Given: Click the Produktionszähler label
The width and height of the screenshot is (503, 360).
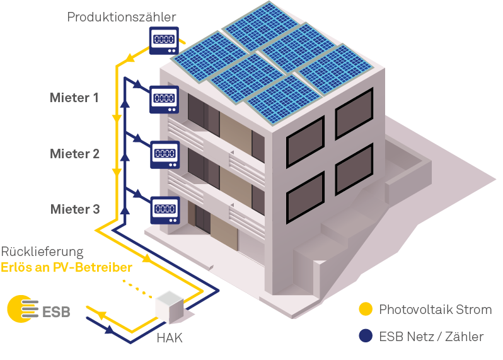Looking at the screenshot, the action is pyautogui.click(x=121, y=16).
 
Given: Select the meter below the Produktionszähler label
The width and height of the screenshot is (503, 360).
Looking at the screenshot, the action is pyautogui.click(x=164, y=40).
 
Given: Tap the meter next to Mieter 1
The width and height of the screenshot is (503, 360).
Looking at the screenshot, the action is pyautogui.click(x=164, y=100).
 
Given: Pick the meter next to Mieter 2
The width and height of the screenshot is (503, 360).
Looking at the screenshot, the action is pyautogui.click(x=165, y=154).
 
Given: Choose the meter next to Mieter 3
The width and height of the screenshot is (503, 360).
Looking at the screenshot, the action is pyautogui.click(x=165, y=210).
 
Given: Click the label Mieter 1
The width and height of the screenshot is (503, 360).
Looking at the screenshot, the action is pyautogui.click(x=74, y=98).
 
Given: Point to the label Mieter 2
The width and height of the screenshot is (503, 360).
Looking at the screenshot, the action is pyautogui.click(x=75, y=154).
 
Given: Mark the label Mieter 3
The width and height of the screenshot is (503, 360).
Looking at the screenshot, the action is pyautogui.click(x=75, y=209).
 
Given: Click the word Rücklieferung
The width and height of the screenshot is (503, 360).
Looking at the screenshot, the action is pyautogui.click(x=42, y=252).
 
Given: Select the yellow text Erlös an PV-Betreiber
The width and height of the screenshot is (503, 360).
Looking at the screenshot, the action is pyautogui.click(x=66, y=267).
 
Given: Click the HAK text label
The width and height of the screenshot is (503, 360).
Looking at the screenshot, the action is pyautogui.click(x=170, y=338).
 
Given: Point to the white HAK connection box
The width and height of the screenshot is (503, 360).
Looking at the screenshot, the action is pyautogui.click(x=170, y=307).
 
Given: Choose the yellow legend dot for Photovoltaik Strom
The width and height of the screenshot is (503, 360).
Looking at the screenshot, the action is pyautogui.click(x=366, y=309).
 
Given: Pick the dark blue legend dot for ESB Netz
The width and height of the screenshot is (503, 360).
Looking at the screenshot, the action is pyautogui.click(x=366, y=336).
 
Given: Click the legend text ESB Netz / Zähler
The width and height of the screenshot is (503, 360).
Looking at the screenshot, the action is pyautogui.click(x=431, y=337).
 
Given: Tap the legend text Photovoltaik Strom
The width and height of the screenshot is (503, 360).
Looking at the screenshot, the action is pyautogui.click(x=436, y=310).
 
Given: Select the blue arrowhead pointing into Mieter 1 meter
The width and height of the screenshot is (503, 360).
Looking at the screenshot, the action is pyautogui.click(x=137, y=84).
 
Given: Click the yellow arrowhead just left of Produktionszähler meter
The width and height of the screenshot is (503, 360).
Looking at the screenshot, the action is pyautogui.click(x=130, y=58).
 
